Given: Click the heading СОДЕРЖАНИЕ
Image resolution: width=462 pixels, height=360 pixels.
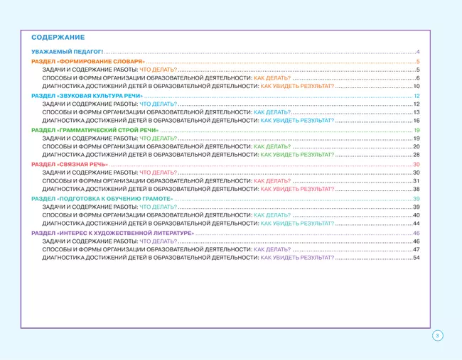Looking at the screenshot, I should coord(58,37).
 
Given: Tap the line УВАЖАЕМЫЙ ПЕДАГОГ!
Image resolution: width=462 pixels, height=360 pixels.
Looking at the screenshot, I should coord(68,53).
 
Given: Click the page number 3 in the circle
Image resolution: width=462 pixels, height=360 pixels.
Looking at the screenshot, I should coord(438,336).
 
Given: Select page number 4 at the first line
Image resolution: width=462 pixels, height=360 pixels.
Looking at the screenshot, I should coord(418,53).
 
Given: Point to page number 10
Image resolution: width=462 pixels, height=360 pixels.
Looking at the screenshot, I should coord(417,86).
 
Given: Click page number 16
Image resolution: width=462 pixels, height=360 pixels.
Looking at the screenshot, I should coord(417,121).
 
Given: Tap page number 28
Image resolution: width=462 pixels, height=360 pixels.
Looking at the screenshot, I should coord(417,155).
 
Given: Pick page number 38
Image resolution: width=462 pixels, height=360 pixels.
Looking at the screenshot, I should coord(417,190).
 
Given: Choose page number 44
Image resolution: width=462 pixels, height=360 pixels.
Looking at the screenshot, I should coord(417,224).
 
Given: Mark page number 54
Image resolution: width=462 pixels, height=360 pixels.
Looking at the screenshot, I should coord(417,258).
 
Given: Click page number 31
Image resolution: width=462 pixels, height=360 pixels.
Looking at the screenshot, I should coord(417,181).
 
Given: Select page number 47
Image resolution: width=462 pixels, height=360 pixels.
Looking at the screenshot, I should coord(417,249).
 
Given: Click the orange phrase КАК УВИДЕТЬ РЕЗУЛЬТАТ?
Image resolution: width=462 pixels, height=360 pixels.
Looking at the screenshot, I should coord(297,86).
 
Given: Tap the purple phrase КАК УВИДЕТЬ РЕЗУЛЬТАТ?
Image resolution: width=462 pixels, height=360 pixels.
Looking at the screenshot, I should coord(297,258).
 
